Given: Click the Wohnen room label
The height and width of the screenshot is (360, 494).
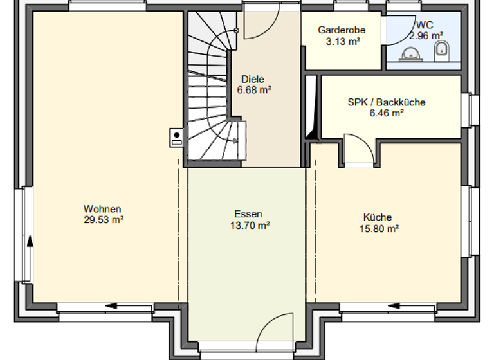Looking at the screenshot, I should click(x=102, y=209).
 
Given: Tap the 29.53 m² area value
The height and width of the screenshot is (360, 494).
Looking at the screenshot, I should click(x=102, y=219).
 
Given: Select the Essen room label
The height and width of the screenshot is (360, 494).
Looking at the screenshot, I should click(x=249, y=215).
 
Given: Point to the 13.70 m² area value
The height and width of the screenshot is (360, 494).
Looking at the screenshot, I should click(x=249, y=225).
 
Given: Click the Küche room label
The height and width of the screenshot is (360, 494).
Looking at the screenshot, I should click(x=377, y=217).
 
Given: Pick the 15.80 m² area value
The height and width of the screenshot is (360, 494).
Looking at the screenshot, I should click(x=380, y=228).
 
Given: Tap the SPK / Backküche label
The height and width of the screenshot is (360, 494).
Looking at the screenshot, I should click(x=386, y=102).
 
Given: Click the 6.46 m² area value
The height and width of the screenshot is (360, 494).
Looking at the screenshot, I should click(x=386, y=113).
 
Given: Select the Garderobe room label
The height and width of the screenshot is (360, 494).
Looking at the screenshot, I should click(x=342, y=30).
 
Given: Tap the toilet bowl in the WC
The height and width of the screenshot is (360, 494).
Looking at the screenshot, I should click(x=442, y=50).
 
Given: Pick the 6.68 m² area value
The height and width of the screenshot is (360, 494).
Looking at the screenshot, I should click(x=253, y=90).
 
